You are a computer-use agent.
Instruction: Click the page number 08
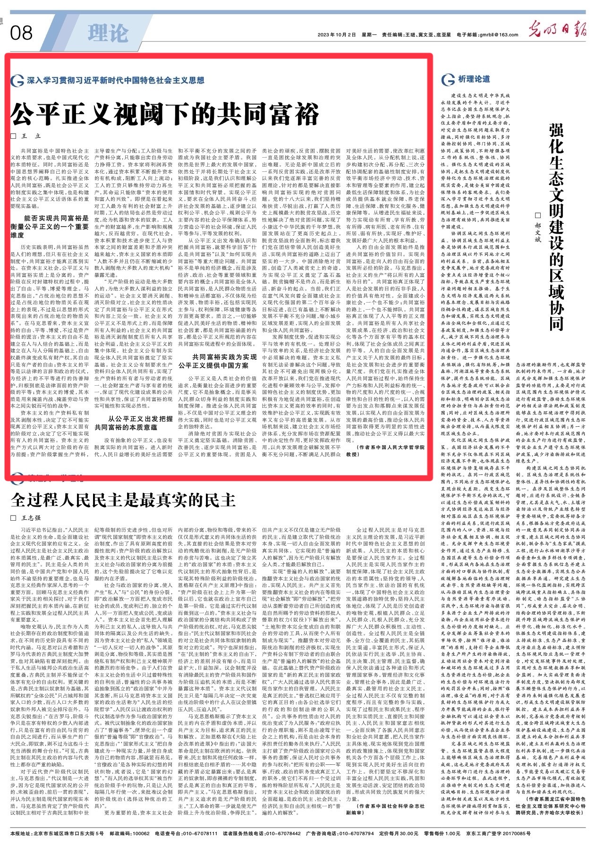[x=21, y=33]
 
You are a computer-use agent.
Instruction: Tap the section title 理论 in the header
[x=108, y=33]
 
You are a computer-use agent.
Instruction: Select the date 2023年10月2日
[x=336, y=35]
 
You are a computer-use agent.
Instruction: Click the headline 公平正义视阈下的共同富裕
[x=165, y=113]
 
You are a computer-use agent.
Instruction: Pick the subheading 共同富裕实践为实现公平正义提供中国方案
[x=218, y=361]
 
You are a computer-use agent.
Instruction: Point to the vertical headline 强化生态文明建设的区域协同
[x=558, y=227]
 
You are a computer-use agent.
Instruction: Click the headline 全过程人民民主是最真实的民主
[x=123, y=499]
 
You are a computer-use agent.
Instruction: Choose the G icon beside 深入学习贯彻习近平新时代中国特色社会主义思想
[x=17, y=81]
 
